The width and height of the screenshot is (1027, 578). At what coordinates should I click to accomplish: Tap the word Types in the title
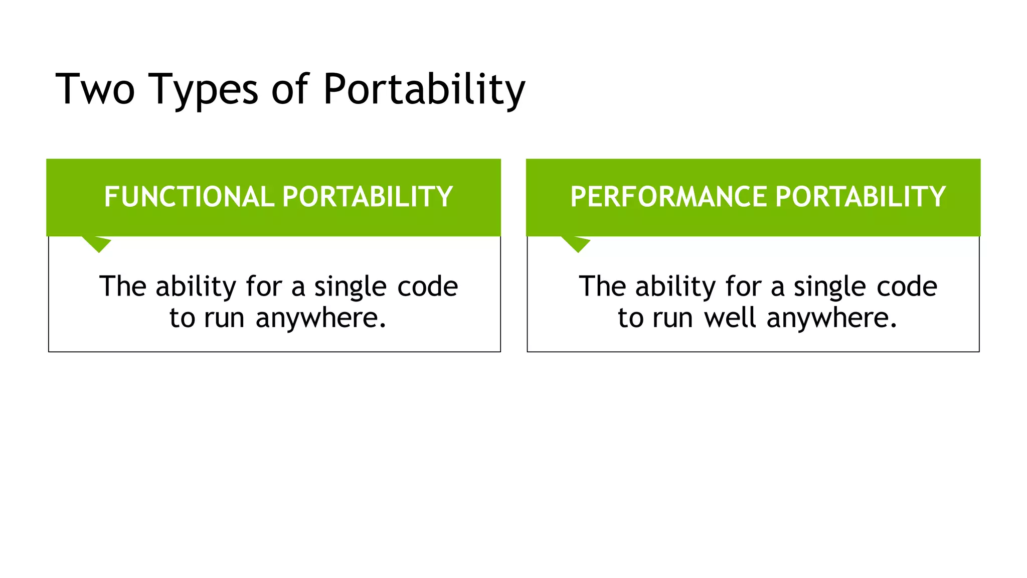point(203,90)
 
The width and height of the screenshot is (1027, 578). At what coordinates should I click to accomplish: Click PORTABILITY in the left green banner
point(368,197)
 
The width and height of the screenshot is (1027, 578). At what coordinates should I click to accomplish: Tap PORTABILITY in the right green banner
point(861,197)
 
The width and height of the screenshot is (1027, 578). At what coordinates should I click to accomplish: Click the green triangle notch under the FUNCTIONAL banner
point(97,243)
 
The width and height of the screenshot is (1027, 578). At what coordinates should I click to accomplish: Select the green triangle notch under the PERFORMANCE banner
point(577,243)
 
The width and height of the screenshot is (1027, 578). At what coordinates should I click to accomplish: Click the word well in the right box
point(730,318)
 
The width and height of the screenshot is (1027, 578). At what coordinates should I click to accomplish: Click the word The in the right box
point(601,287)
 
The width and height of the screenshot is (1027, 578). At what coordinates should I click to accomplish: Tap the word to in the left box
point(182,318)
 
